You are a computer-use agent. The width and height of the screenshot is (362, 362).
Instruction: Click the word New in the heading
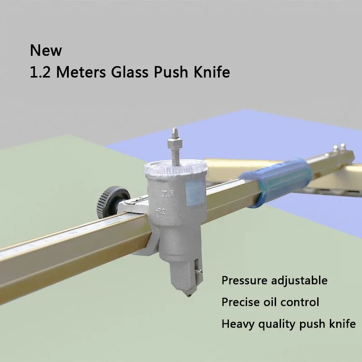pos(46,50)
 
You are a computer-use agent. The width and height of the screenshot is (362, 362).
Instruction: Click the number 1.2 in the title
pos(39,73)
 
